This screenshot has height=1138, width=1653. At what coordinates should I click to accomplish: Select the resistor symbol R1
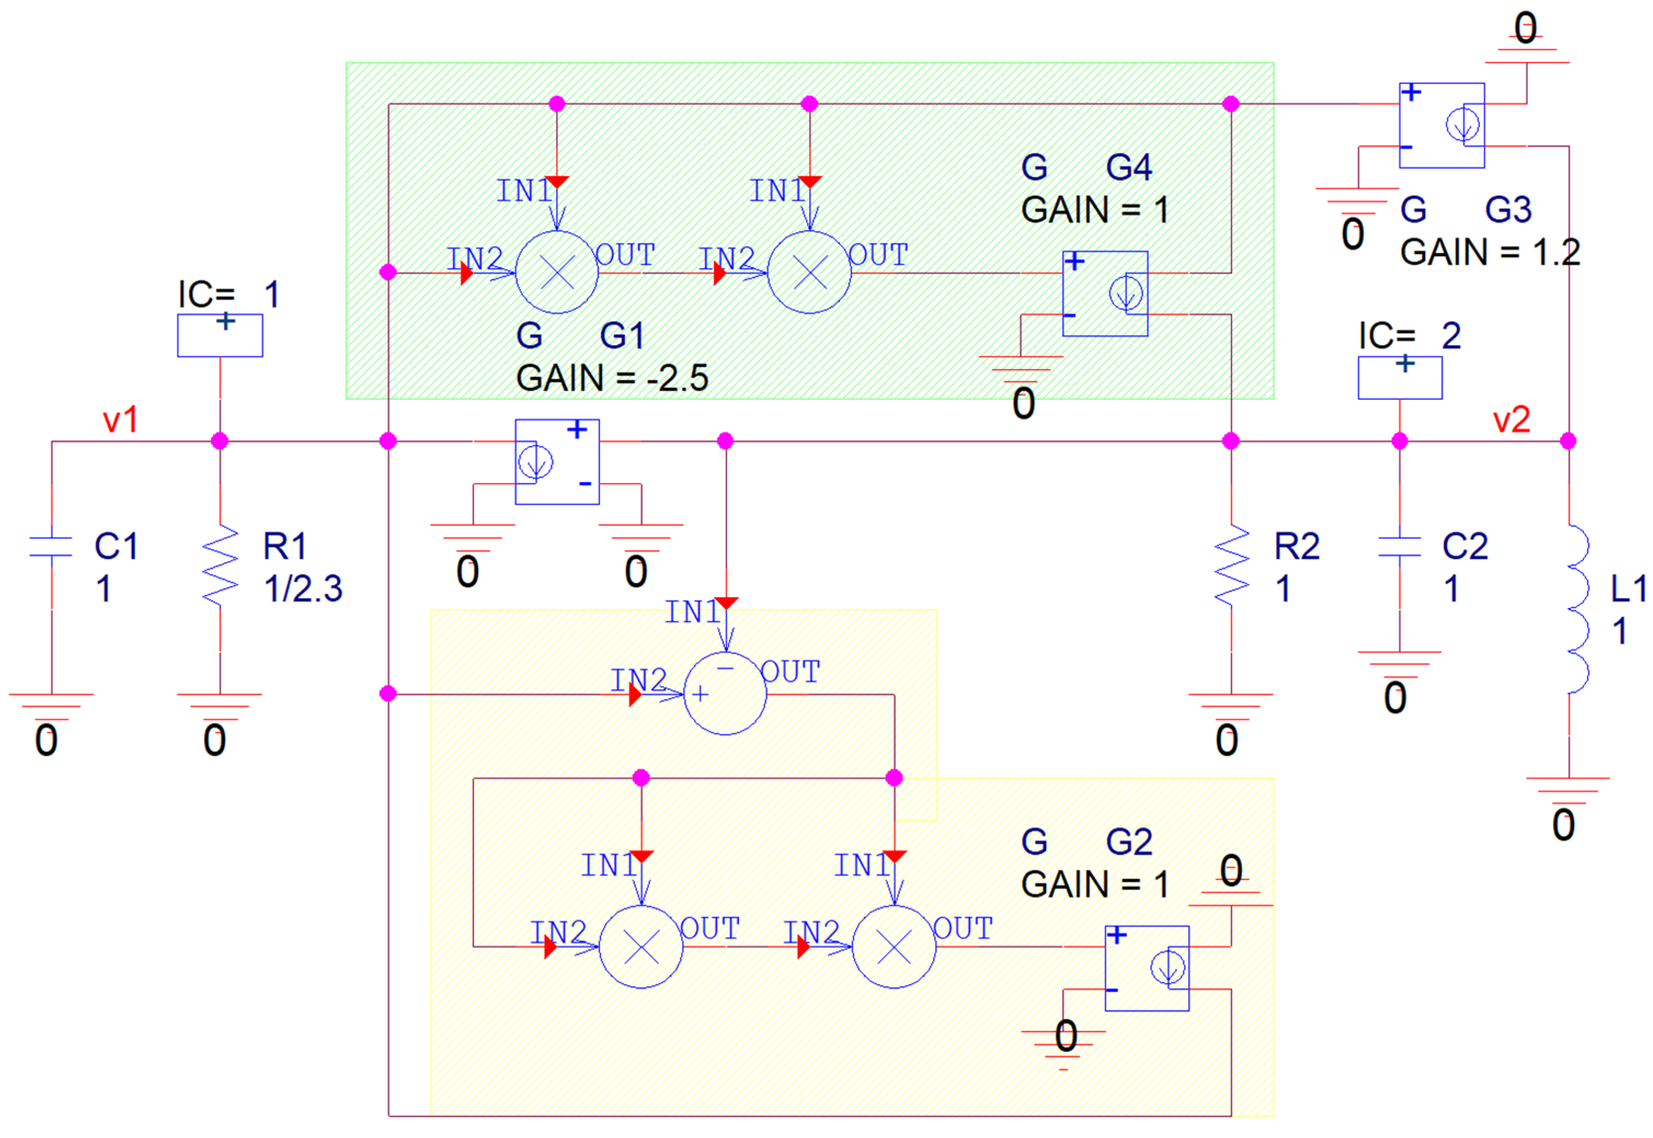coord(220,565)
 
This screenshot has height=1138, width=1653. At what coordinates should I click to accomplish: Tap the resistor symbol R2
coord(1231,565)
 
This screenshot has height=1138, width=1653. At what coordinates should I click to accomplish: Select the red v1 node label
coord(120,420)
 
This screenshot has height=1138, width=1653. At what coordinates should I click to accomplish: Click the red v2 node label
coord(1512,420)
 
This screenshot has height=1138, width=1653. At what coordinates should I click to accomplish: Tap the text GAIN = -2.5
coord(612,378)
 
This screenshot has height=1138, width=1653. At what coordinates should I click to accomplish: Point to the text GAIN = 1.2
coord(1490,252)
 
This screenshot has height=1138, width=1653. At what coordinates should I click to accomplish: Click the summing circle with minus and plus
coord(725,694)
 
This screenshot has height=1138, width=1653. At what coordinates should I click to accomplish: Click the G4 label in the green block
coord(1129,168)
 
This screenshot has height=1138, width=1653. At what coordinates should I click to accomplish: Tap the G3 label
coord(1508,210)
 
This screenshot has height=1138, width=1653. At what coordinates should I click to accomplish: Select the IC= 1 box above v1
coord(220,336)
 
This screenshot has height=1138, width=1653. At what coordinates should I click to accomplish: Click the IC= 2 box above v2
coord(1400,378)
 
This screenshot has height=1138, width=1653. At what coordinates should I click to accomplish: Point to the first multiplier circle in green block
coord(557,272)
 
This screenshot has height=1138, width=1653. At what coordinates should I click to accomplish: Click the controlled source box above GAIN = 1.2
coord(1442,125)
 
